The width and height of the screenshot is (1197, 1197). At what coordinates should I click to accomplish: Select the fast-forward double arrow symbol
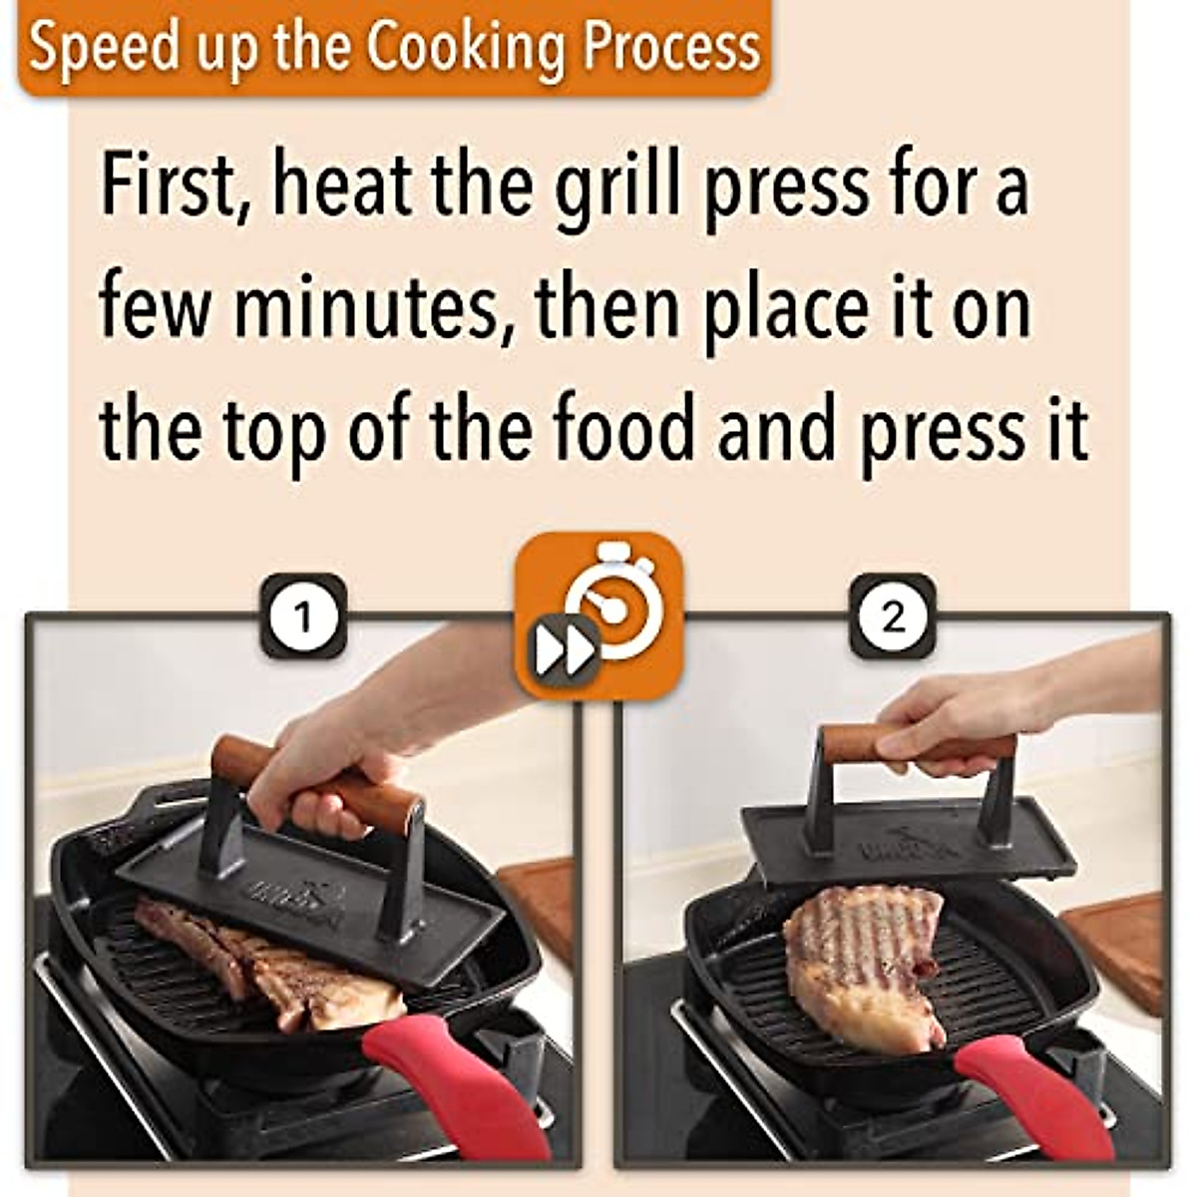[564, 653]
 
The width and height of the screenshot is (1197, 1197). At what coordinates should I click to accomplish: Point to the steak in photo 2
[863, 963]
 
